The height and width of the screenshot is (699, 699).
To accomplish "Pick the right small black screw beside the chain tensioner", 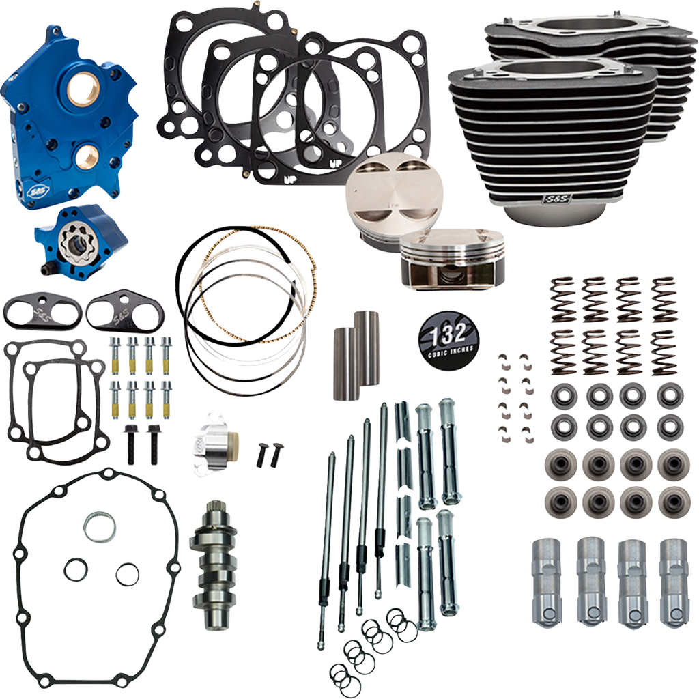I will click(x=279, y=453).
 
